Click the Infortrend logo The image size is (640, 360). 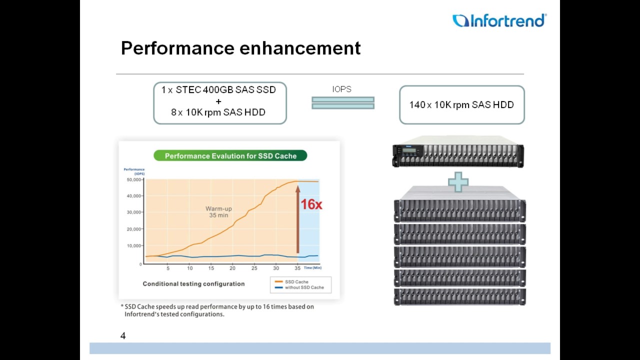(499, 20)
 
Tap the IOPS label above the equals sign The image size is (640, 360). (342, 89)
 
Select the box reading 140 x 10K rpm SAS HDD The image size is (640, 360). (461, 105)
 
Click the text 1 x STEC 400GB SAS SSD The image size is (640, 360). (218, 90)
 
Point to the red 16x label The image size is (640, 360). (311, 204)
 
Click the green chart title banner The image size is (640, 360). (230, 156)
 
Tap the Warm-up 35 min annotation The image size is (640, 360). (218, 212)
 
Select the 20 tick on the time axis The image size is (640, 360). (232, 268)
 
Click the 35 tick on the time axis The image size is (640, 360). (297, 268)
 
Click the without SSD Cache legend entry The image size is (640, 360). (303, 287)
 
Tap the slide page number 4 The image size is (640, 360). (123, 336)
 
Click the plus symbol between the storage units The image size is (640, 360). (458, 182)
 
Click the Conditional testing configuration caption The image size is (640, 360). (193, 284)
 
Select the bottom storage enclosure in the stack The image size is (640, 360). (459, 296)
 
